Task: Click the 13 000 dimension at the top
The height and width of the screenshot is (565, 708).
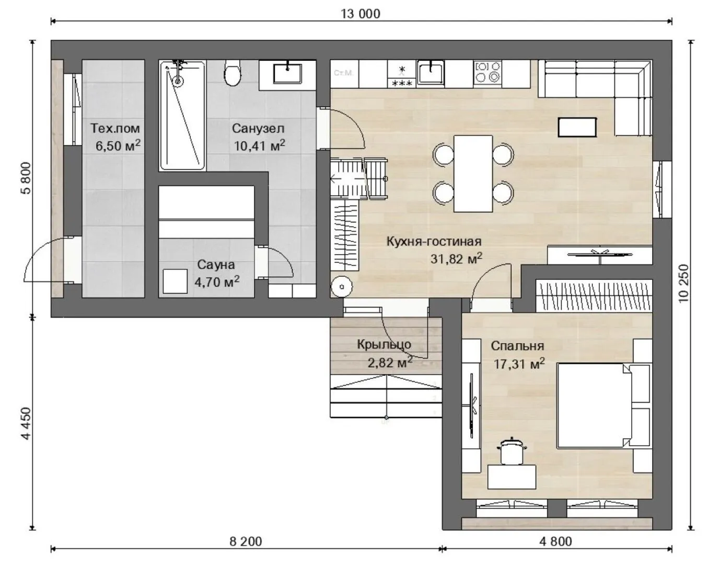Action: pos(360,14)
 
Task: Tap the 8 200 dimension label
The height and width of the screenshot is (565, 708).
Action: pos(246,541)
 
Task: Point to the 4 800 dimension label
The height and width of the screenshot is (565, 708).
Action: pos(555,541)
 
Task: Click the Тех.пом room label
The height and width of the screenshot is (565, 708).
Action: pos(115,128)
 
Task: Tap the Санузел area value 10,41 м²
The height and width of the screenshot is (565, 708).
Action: pos(259,145)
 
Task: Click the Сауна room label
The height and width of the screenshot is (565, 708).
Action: pos(216,265)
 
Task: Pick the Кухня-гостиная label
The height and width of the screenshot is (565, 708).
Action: pos(434,242)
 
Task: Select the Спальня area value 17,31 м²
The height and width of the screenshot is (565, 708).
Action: pos(519,364)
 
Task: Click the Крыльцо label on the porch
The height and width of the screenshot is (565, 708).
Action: pos(384,345)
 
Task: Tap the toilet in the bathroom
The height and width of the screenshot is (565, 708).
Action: pos(233,73)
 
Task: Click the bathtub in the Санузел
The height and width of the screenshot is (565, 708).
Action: pos(182,115)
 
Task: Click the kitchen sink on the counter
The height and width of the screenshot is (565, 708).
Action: pos(431,73)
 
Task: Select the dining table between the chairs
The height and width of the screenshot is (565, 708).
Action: pos(473,173)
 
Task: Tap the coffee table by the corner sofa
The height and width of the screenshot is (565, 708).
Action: pos(577,127)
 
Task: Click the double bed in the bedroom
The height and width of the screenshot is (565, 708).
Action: pos(603,405)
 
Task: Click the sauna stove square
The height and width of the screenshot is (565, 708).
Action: pos(175,281)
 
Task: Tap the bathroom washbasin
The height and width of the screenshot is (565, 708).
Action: pos(287,73)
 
